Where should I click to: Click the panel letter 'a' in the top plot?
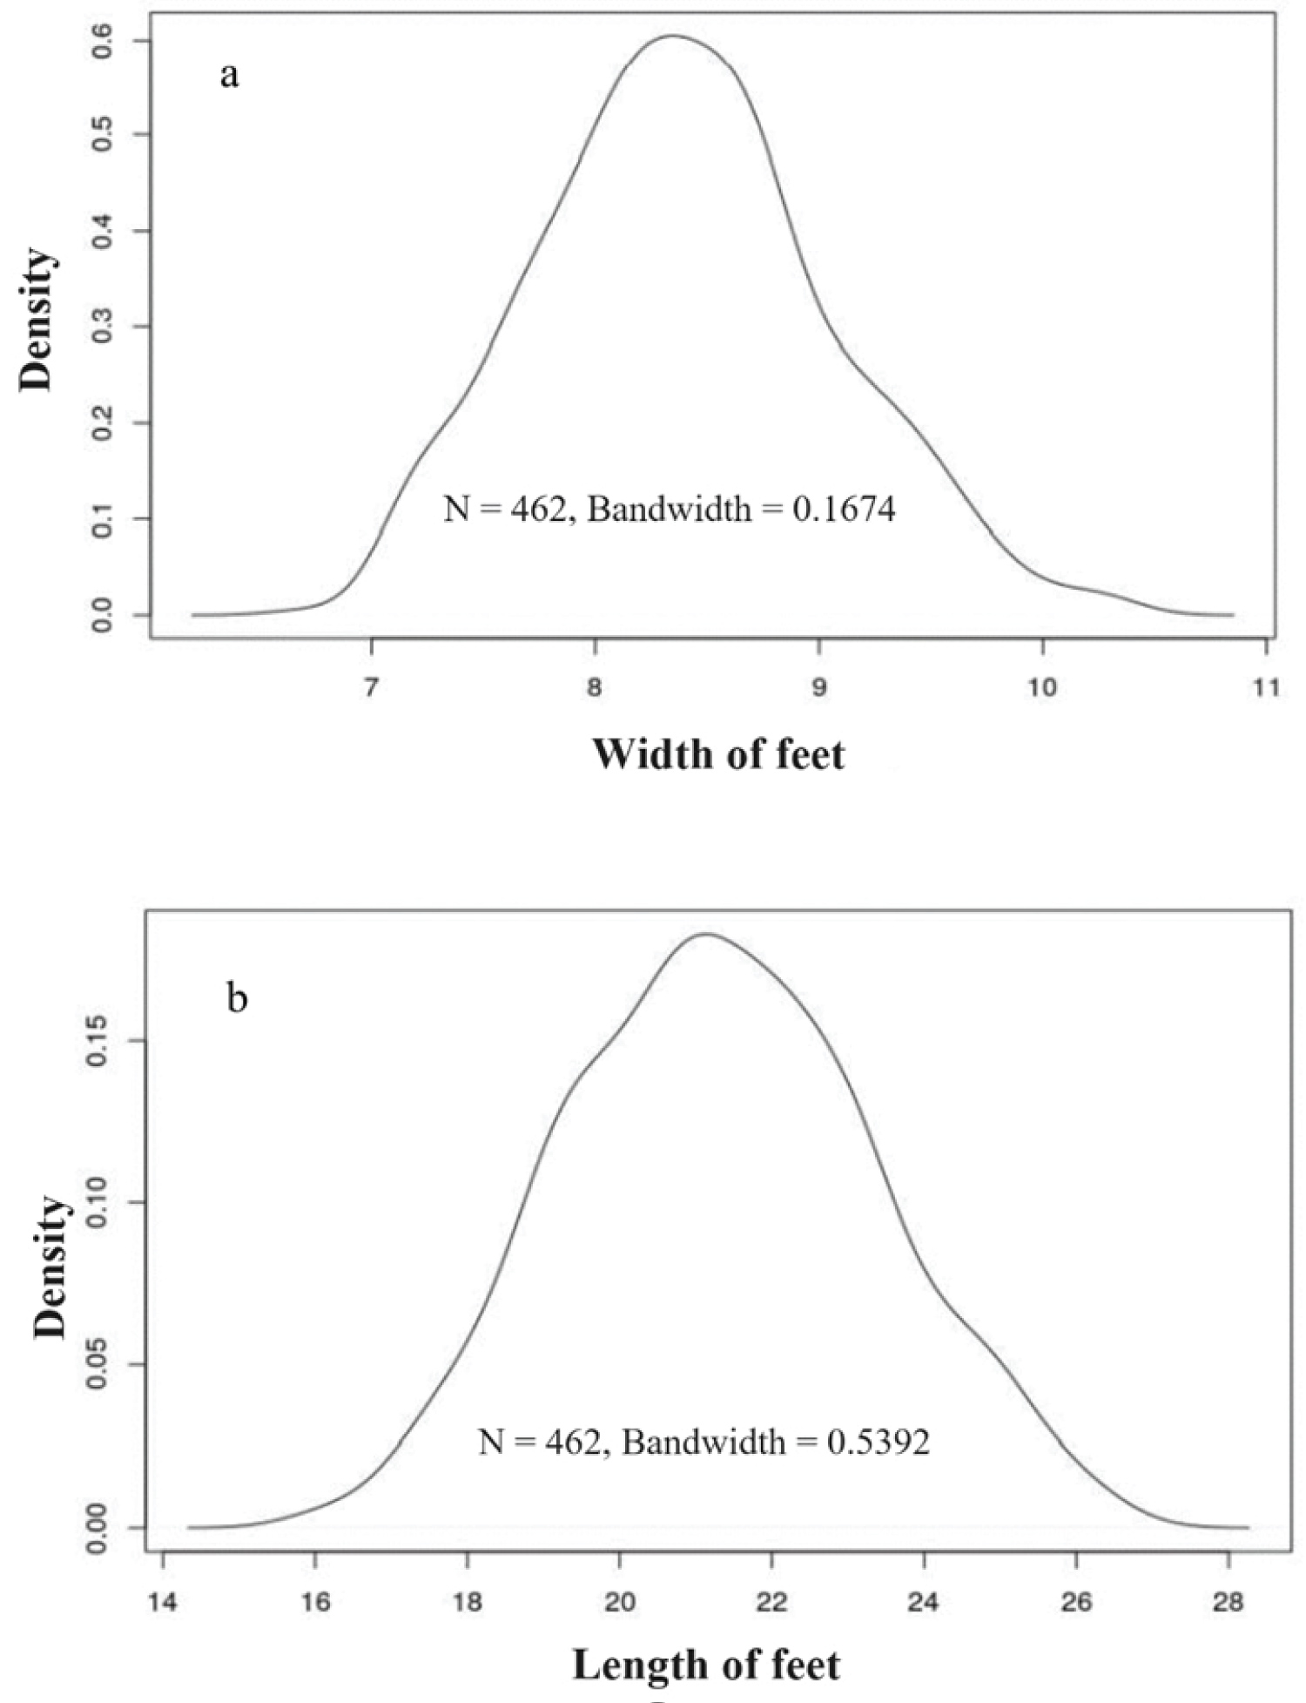[228, 77]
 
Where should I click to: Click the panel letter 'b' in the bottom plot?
[236, 999]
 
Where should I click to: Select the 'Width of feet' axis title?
[718, 754]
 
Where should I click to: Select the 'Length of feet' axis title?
[706, 1665]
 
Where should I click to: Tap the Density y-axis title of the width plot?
[37, 320]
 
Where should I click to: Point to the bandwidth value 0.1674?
[843, 510]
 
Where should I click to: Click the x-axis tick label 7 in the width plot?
[372, 688]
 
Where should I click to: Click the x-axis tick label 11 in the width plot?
[1266, 688]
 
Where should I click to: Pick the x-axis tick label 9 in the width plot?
[819, 688]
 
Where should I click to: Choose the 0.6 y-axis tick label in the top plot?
[102, 40]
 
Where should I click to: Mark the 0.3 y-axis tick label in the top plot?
[102, 327]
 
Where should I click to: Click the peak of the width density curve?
[671, 36]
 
